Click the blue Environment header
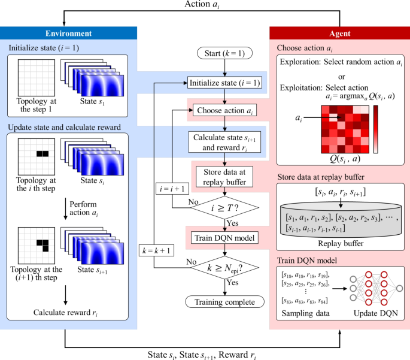coord(69,34)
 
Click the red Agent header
coord(339,34)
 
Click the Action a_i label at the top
coord(205,6)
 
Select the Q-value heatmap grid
coord(340,129)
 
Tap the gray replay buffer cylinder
coord(339,219)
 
